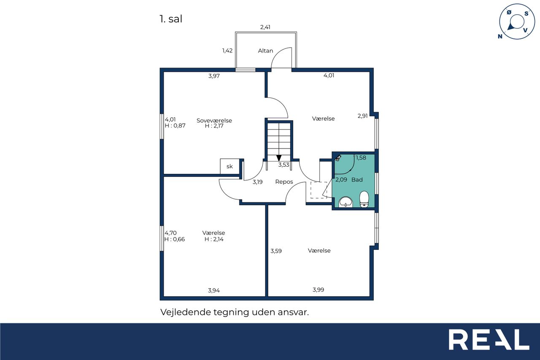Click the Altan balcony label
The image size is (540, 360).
click(x=265, y=51)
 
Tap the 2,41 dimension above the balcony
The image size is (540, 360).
click(x=265, y=27)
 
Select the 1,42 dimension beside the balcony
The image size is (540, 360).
click(x=227, y=50)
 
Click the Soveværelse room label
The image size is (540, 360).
click(x=214, y=120)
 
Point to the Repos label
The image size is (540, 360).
click(x=284, y=182)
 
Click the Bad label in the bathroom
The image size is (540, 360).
click(x=357, y=180)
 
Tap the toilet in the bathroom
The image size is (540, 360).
click(x=364, y=199)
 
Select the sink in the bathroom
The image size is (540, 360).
click(x=346, y=202)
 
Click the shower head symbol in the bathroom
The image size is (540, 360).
click(x=338, y=158)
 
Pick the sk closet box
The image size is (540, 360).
click(x=230, y=166)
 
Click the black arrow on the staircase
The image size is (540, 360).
click(x=279, y=158)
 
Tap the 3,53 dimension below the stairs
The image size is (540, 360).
click(x=284, y=165)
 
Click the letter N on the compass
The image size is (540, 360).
click(x=500, y=36)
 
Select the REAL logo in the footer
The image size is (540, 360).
click(x=489, y=339)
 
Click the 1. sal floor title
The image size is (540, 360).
click(x=171, y=19)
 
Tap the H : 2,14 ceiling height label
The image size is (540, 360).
click(x=214, y=239)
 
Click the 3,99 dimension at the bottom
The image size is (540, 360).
click(x=318, y=290)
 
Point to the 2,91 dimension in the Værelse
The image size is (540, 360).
click(x=362, y=116)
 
